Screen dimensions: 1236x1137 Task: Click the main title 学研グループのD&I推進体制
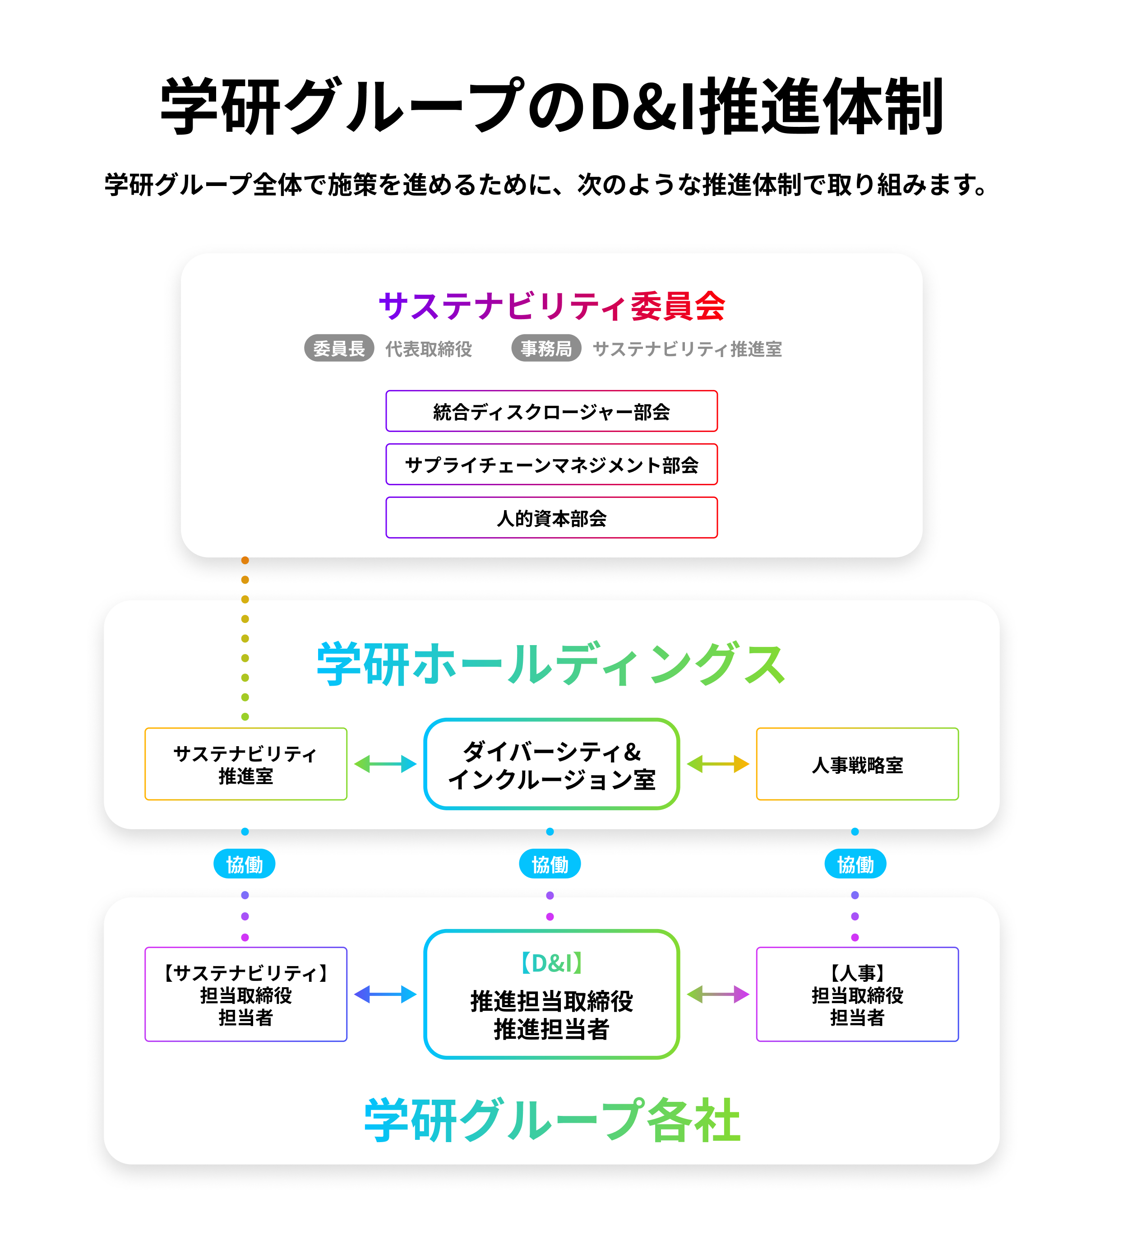click(x=551, y=107)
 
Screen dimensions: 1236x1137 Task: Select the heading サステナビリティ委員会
click(x=551, y=306)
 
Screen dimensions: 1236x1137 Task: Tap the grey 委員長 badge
click(x=339, y=348)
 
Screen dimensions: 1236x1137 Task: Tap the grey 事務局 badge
click(x=546, y=348)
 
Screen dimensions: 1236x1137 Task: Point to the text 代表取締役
click(x=428, y=349)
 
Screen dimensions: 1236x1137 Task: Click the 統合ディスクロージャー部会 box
click(x=551, y=411)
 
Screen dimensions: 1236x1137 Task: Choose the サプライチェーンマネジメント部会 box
click(x=551, y=464)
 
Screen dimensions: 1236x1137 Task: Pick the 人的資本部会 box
click(x=551, y=518)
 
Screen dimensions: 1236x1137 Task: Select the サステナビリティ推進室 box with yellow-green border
click(x=245, y=764)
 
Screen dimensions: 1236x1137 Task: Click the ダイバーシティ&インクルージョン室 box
click(x=551, y=764)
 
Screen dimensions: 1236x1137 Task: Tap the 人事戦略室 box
click(x=857, y=764)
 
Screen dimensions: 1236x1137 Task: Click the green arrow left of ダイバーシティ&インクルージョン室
click(x=385, y=764)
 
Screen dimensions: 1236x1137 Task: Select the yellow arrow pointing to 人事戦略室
click(x=718, y=764)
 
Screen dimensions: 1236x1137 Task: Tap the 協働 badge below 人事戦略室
click(x=855, y=864)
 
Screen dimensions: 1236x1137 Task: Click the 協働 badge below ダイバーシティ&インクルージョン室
click(x=550, y=864)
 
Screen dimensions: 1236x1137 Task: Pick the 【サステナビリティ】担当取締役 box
click(x=245, y=994)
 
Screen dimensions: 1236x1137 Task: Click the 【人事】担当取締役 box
click(x=857, y=994)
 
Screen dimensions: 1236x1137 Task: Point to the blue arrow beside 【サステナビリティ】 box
click(x=385, y=994)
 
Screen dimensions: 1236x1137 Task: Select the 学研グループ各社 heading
click(x=551, y=1120)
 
